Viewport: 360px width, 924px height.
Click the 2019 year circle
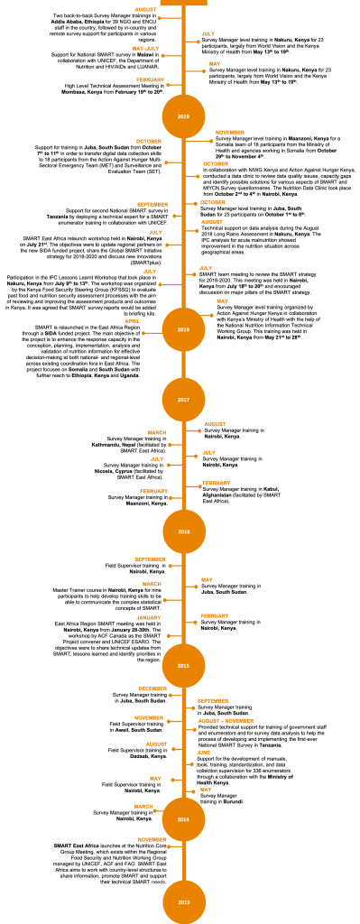click(x=183, y=116)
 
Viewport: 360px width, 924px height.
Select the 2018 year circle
click(x=183, y=329)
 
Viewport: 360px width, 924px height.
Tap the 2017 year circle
click(x=183, y=400)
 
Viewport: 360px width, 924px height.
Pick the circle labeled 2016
click(x=184, y=531)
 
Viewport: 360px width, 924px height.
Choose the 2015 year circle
click(x=183, y=666)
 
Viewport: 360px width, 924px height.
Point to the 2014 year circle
click(x=183, y=819)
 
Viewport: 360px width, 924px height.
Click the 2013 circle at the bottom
click(x=184, y=901)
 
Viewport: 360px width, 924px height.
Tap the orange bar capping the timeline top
click(x=183, y=3)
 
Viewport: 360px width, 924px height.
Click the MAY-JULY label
click(x=145, y=49)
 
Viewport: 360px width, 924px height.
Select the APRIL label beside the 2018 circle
click(x=133, y=321)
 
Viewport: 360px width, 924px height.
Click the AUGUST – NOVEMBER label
click(x=226, y=721)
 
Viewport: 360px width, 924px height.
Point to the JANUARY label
click(x=149, y=618)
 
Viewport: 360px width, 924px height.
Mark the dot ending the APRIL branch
click(x=143, y=333)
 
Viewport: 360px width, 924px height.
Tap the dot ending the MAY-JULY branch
click(x=162, y=56)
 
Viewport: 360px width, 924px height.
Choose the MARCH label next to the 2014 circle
click(x=143, y=807)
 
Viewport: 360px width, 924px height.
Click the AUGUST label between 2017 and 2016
click(x=215, y=424)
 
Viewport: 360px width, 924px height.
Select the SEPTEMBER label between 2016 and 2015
click(x=150, y=559)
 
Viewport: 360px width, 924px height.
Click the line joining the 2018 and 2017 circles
click(x=183, y=365)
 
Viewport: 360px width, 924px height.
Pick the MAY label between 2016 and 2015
click(x=207, y=580)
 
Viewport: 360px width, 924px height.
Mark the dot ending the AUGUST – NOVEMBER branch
click(x=194, y=729)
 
